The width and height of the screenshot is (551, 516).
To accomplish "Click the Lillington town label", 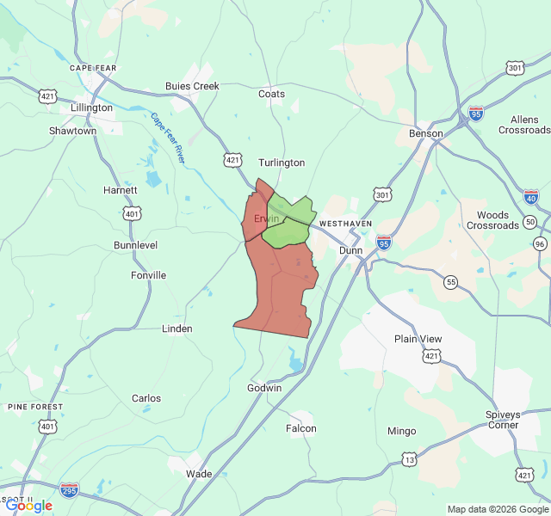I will pyautogui.click(x=92, y=108).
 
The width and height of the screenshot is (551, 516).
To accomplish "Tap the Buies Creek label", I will pyautogui.click(x=192, y=86).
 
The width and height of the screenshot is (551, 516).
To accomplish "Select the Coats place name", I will pyautogui.click(x=271, y=94).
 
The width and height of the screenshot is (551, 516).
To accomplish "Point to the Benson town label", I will pyautogui.click(x=426, y=133).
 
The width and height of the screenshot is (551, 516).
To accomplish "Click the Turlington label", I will pyautogui.click(x=282, y=163).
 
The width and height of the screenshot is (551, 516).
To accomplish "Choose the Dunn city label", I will pyautogui.click(x=350, y=250).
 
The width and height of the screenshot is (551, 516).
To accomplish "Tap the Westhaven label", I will pyautogui.click(x=345, y=223).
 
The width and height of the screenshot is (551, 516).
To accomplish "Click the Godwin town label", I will pyautogui.click(x=264, y=388).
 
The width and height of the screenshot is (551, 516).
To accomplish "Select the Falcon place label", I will pyautogui.click(x=301, y=428).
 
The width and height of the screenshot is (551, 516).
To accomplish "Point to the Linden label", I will pyautogui.click(x=177, y=329).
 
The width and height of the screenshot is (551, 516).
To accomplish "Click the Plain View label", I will pyautogui.click(x=418, y=339).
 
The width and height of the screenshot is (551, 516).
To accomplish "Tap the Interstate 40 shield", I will pyautogui.click(x=531, y=198).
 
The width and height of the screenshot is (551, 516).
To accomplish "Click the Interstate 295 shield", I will pyautogui.click(x=70, y=489).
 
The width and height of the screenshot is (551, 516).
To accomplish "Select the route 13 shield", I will pyautogui.click(x=409, y=460).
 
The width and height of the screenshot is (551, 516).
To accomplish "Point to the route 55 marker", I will pyautogui.click(x=450, y=281).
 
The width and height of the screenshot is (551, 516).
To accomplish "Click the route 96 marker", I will pyautogui.click(x=540, y=243).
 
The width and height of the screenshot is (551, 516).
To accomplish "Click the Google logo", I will pyautogui.click(x=28, y=506).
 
